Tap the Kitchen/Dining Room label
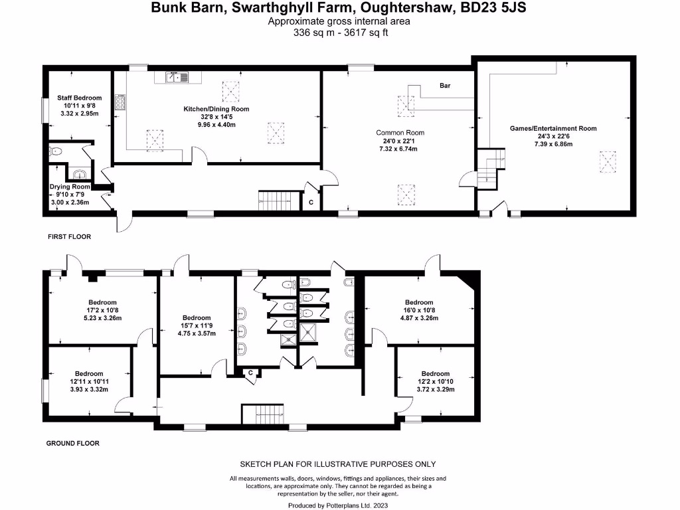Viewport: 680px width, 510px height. click(x=216, y=108)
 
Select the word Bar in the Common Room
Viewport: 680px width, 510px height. click(x=445, y=86)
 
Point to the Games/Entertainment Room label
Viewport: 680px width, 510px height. click(x=552, y=128)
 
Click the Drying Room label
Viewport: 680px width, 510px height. click(x=70, y=187)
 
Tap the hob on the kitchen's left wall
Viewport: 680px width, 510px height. click(x=121, y=102)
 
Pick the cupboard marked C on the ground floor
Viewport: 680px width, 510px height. click(x=250, y=373)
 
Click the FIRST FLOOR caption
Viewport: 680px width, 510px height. click(x=69, y=236)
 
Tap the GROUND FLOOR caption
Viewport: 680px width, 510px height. click(x=73, y=443)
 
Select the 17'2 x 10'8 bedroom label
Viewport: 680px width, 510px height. click(x=102, y=310)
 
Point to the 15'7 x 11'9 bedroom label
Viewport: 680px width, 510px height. click(x=197, y=325)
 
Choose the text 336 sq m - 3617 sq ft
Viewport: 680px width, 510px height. click(x=339, y=32)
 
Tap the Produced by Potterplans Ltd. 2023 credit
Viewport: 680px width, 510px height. click(x=339, y=505)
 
